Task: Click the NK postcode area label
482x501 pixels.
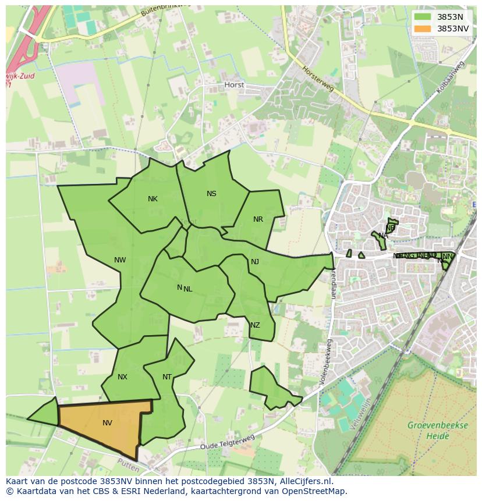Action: [153, 199]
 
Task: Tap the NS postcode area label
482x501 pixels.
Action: [211, 194]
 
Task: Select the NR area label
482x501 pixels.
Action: [258, 219]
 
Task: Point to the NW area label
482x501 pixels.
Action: [120, 260]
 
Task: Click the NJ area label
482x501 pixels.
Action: [255, 262]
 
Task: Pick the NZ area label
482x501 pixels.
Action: [255, 325]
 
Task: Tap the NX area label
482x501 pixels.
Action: [122, 377]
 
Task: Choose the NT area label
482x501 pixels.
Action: [167, 377]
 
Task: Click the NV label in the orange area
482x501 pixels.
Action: [107, 423]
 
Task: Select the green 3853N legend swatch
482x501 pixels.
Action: [423, 17]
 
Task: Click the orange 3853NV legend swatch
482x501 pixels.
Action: [423, 29]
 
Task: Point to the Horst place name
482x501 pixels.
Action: [234, 85]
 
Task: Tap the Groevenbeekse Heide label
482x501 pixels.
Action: [438, 430]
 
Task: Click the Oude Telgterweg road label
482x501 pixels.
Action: [228, 442]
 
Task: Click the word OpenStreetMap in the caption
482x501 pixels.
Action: [317, 491]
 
